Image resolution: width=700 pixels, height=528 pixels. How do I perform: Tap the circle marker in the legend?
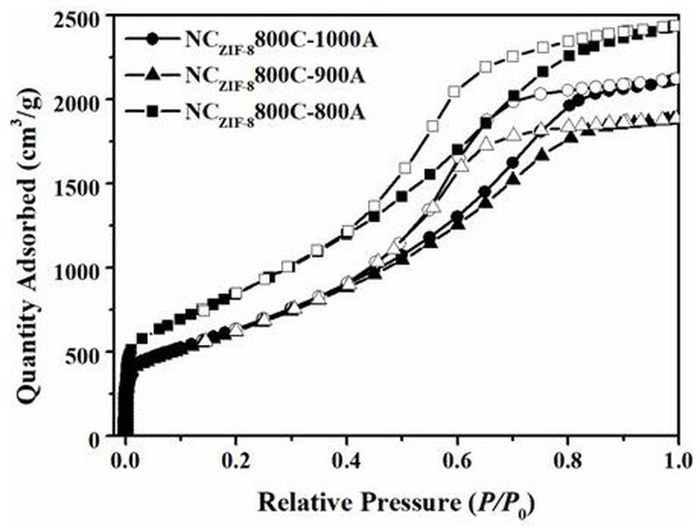[x=154, y=40]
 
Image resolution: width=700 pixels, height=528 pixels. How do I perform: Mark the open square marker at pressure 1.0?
[x=674, y=26]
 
